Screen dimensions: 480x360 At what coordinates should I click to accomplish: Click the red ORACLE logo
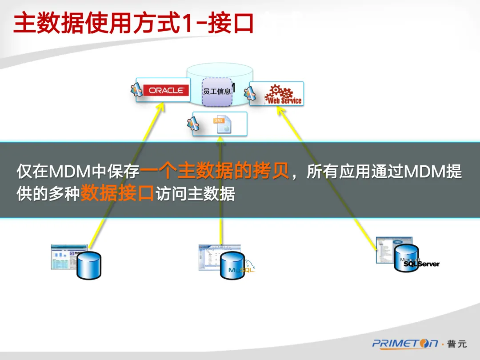pos(166,90)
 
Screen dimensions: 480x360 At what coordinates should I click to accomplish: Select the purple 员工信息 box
pos(217,92)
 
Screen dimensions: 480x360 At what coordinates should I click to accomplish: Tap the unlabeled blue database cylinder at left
pos(89,265)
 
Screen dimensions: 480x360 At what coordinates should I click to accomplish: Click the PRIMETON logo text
pos(405,343)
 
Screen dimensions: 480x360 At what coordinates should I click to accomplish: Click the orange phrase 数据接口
pos(117,194)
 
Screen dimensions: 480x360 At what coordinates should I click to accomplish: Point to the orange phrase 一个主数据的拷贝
pos(215,171)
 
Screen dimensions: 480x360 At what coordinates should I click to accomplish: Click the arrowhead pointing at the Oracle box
pos(160,107)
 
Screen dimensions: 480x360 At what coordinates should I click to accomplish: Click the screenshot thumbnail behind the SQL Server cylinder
pos(384,249)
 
